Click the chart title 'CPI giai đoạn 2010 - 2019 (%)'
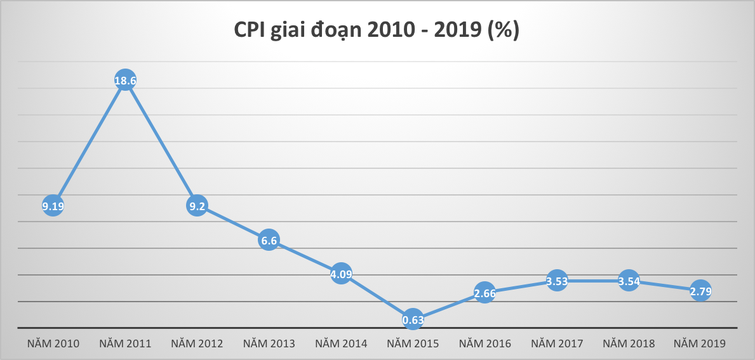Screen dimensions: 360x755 tap(377, 30)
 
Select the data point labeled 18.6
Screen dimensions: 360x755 tap(126, 80)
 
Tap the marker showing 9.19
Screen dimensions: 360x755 tap(53, 205)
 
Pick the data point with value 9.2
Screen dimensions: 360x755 tap(197, 206)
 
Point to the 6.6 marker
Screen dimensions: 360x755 tap(269, 241)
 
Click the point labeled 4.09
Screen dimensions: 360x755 tap(341, 274)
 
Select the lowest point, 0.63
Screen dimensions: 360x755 tap(413, 320)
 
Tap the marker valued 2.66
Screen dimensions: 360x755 tap(484, 293)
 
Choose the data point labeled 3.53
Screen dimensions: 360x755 tap(557, 281)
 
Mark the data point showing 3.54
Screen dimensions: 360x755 tap(629, 281)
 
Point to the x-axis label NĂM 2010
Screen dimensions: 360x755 tap(53, 344)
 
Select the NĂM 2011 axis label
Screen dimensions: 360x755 tap(125, 344)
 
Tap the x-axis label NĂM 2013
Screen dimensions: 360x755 tap(269, 344)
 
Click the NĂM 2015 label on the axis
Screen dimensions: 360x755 tap(413, 344)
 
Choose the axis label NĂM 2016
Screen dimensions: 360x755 tap(484, 344)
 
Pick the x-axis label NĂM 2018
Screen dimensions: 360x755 tap(629, 344)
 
